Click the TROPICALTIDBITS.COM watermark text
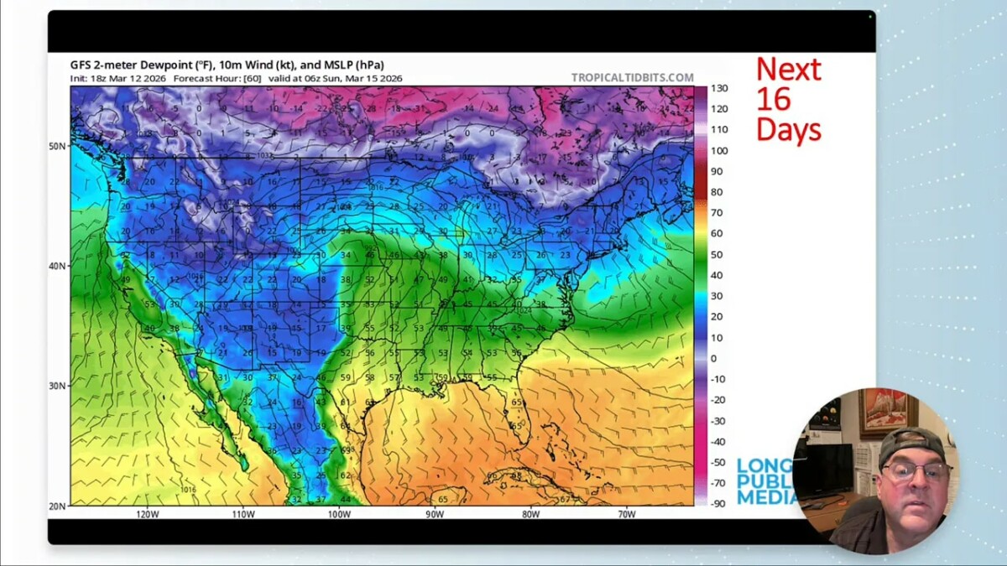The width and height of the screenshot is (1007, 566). [x=632, y=78]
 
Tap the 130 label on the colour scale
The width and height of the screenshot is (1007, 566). [x=719, y=88]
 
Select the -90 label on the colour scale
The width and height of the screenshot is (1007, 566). [x=719, y=503]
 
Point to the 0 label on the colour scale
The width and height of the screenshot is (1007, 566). [x=713, y=358]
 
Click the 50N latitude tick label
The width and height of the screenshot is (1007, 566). [x=56, y=146]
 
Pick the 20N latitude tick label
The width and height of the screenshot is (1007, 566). [x=56, y=506]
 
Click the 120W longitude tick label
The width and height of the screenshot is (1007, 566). [x=147, y=515]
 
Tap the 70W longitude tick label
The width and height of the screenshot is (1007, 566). [x=626, y=515]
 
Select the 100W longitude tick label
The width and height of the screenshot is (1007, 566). [x=339, y=515]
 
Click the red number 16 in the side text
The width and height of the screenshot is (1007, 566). [x=773, y=99]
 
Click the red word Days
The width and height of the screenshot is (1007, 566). [x=788, y=129]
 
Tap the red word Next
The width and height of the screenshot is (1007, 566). [x=788, y=69]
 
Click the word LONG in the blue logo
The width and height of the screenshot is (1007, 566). [x=764, y=465]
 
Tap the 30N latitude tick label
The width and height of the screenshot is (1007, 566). [x=56, y=386]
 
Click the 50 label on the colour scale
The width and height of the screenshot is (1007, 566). [x=716, y=254]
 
